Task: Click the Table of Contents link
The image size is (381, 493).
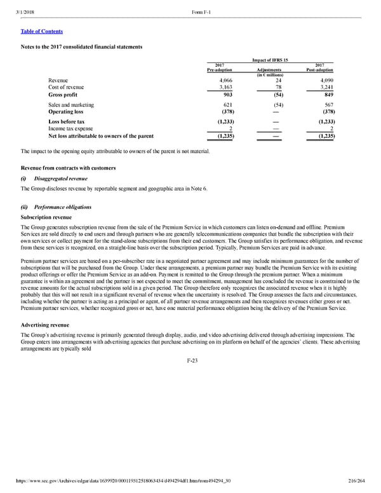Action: (42, 31)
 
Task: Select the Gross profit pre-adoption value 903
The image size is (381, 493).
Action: (226, 95)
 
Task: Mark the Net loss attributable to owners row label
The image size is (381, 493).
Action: (100, 136)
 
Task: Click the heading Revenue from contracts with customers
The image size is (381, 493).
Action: (68, 168)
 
